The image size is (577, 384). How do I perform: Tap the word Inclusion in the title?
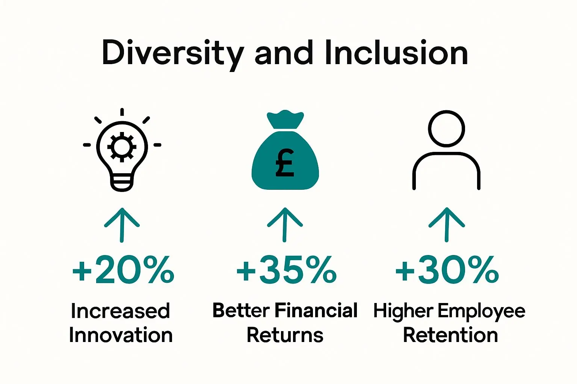pos(396,52)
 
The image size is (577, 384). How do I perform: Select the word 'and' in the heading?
pos(284,52)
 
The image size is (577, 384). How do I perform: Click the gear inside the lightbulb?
pos(122,147)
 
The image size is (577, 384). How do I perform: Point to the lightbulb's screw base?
pos(122,183)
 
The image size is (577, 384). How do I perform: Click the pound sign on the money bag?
pos(284,162)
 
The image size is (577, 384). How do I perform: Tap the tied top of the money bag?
pos(285,119)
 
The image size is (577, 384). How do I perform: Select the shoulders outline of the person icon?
pos(446,153)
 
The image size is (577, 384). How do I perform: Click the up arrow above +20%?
pos(122,225)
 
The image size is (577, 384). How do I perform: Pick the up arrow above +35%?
pos(285,225)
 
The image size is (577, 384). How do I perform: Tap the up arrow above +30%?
pos(447,225)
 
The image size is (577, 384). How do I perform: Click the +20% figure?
pos(123,270)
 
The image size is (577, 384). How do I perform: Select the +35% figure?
pos(286,270)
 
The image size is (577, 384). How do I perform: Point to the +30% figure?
pos(447,270)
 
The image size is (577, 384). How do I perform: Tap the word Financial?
pos(316,310)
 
